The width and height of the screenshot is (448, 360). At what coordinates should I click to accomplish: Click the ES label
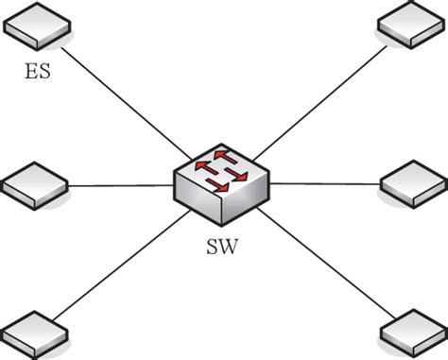pos(38,69)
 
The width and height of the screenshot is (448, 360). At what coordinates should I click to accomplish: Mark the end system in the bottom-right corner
pos(413,332)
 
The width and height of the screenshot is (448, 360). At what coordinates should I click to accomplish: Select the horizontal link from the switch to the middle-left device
pos(118,186)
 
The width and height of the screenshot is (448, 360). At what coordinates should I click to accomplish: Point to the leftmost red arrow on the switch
pos(203,167)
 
